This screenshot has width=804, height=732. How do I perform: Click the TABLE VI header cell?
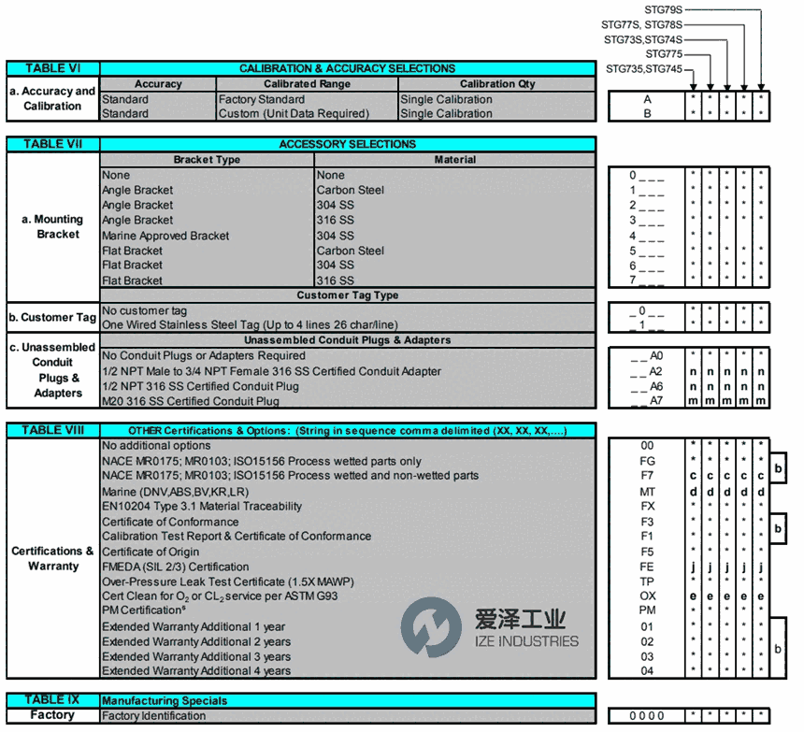click(x=52, y=68)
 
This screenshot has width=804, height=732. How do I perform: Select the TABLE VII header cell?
click(x=52, y=144)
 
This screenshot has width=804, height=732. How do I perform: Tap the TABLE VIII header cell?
click(x=52, y=430)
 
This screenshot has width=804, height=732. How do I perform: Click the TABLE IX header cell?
click(x=52, y=699)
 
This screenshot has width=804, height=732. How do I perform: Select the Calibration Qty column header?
click(x=497, y=84)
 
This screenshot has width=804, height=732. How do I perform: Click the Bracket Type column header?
click(x=207, y=160)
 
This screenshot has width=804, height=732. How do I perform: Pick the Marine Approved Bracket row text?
click(x=165, y=236)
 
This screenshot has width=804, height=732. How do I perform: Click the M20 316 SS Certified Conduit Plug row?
click(x=191, y=401)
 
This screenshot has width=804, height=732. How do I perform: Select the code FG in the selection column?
click(x=648, y=461)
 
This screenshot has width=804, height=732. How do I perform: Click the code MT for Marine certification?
click(x=648, y=491)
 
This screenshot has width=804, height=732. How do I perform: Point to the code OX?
click(x=648, y=596)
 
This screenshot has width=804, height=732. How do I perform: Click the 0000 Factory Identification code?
click(x=647, y=716)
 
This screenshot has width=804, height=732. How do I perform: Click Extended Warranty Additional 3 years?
click(x=195, y=656)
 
